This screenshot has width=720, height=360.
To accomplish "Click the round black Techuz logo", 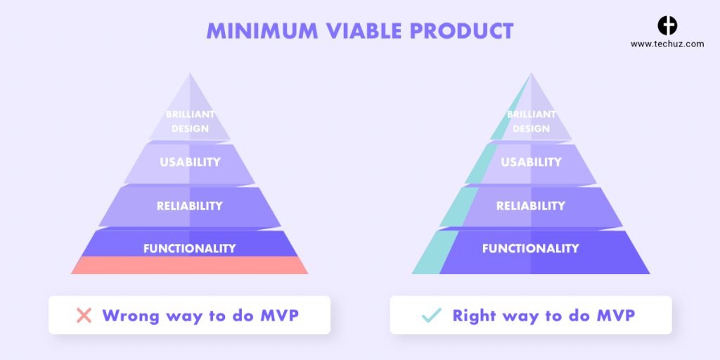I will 667,26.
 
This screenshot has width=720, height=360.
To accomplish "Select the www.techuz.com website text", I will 667,44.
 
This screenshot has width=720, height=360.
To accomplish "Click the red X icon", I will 84,315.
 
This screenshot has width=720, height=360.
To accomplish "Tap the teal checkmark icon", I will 430,315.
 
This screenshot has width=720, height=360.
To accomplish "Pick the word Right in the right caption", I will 475,315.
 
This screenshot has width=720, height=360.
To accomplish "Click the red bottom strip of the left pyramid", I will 189,265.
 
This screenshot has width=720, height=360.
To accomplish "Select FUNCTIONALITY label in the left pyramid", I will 189,248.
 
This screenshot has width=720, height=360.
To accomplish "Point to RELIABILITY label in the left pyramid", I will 189,206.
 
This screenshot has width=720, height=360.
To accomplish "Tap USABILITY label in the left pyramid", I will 190,162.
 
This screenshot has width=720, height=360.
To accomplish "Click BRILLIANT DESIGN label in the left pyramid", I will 190,121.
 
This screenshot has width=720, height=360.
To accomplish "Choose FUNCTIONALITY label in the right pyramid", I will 530,248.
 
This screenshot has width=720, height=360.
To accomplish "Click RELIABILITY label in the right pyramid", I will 530,206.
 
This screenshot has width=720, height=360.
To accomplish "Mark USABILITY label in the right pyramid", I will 531,162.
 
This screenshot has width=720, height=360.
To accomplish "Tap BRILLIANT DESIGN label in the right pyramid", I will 531,121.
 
